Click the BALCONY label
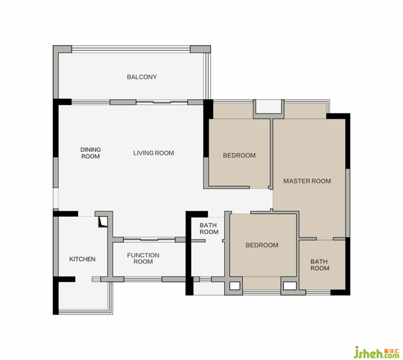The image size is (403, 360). coord(142,77)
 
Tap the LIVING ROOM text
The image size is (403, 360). coord(154,153)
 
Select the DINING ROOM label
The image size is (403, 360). coord(91,153)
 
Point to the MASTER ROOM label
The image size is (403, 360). coord(307,181)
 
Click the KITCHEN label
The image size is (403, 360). coord(82,259)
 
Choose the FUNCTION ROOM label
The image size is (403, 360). coord(143,258)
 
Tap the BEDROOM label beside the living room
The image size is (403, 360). coord(239,155)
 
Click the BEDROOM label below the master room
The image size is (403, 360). coord(262,245)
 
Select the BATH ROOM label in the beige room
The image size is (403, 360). coord(319,265)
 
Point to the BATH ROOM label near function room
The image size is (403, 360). coord(209,228)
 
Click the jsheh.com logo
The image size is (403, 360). coord(376,352)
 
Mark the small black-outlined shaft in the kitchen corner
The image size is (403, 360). coord(103,222)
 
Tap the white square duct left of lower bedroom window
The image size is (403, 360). coord(235,286)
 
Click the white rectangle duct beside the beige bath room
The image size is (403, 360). coord(290,286)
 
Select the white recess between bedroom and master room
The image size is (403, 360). coord(268,106)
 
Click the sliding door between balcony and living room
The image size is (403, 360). coord(162,102)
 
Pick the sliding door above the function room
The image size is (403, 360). coord(149,240)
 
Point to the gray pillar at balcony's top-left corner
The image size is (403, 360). coord(62,49)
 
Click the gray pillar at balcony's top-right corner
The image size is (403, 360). coord(200,49)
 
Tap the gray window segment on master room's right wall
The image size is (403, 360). coord(348,203)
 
